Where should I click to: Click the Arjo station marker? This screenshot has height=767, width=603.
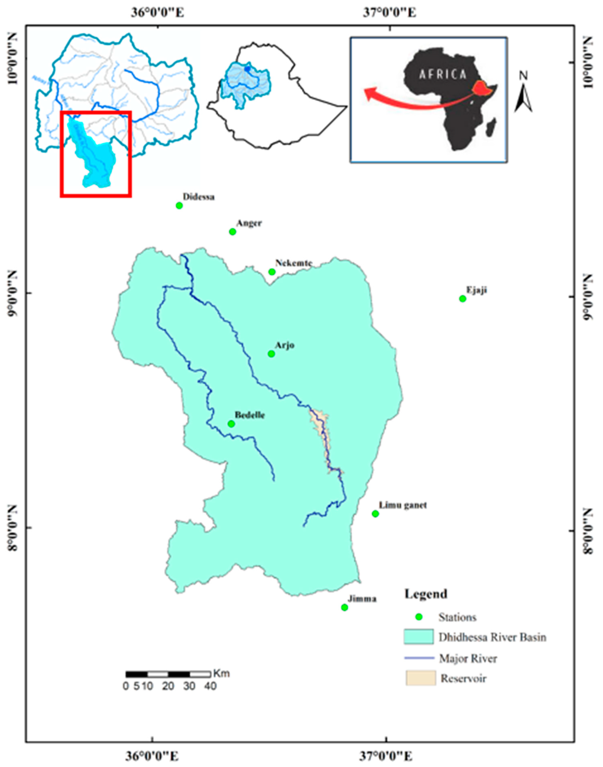(x=271, y=354)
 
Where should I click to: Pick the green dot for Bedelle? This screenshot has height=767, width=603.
(x=231, y=424)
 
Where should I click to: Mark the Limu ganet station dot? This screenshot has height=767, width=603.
(x=375, y=514)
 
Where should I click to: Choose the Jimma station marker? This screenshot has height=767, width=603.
(x=345, y=607)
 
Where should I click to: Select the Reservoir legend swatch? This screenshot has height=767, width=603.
(x=420, y=678)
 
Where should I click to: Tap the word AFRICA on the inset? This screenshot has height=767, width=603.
(x=443, y=74)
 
